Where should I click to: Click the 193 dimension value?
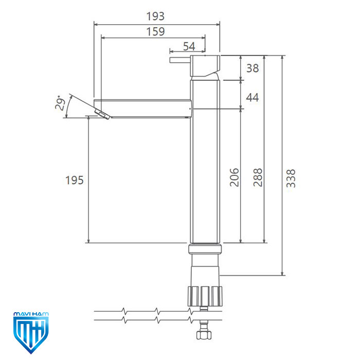point(155,16)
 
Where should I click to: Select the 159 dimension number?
point(155,31)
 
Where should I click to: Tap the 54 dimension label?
point(189,46)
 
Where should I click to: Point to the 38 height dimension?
point(253,68)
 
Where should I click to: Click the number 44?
point(253,97)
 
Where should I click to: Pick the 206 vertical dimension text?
point(235,177)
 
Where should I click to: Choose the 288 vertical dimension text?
point(258,177)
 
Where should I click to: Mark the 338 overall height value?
point(291,178)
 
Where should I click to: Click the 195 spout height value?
point(75,180)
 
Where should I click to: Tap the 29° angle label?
point(60,103)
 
